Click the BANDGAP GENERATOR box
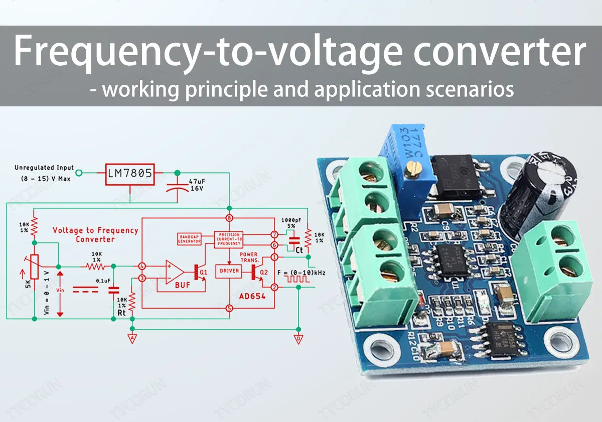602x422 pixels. click(x=190, y=239)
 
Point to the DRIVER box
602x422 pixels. click(x=228, y=271)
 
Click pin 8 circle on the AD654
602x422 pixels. click(x=229, y=218)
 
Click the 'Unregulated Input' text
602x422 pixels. click(x=44, y=168)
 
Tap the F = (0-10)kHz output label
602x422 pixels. click(x=301, y=272)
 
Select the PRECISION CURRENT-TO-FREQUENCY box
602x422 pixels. click(x=228, y=239)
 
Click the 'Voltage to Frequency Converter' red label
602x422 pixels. click(x=95, y=234)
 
